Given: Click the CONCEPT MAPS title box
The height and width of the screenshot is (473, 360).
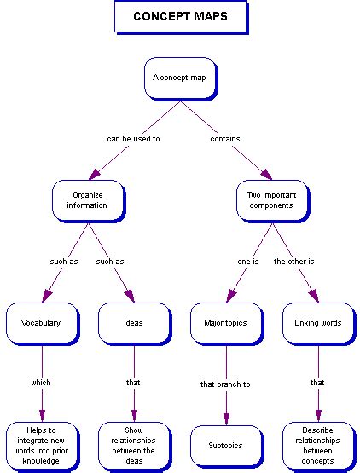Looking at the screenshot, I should (x=180, y=17).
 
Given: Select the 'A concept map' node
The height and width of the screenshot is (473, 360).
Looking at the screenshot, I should (x=179, y=78).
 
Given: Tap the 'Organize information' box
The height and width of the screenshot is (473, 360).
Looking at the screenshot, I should (x=87, y=199).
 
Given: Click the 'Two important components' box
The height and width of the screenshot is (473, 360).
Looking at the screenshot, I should (x=271, y=199).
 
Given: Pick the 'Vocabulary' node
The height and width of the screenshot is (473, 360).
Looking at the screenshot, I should (x=41, y=323).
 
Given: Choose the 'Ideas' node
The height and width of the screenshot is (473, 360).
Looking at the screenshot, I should (x=132, y=323).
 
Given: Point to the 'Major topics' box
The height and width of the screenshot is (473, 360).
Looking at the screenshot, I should (x=225, y=323).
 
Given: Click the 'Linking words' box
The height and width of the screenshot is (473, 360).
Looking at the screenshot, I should (x=317, y=323).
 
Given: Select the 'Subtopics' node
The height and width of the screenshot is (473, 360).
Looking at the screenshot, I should (x=225, y=445).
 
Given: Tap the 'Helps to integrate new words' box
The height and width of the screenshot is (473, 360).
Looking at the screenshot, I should (x=41, y=444).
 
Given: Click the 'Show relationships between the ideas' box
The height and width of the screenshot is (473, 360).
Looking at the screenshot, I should (x=132, y=444).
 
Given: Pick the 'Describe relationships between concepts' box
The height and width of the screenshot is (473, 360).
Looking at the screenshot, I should (x=317, y=444).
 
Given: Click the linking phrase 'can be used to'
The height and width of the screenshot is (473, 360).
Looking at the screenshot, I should (x=132, y=138).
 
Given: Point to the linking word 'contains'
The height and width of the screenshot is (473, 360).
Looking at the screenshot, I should (x=225, y=138).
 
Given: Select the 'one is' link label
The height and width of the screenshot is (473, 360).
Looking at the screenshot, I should (x=248, y=261).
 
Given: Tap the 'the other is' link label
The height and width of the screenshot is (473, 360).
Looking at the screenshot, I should (x=294, y=261).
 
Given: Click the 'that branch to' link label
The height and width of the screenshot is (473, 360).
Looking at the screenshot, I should (x=225, y=384).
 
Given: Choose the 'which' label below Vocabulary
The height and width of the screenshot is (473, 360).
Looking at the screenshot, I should (x=41, y=383).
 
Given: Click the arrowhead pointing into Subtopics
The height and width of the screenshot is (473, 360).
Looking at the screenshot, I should (x=225, y=418).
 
